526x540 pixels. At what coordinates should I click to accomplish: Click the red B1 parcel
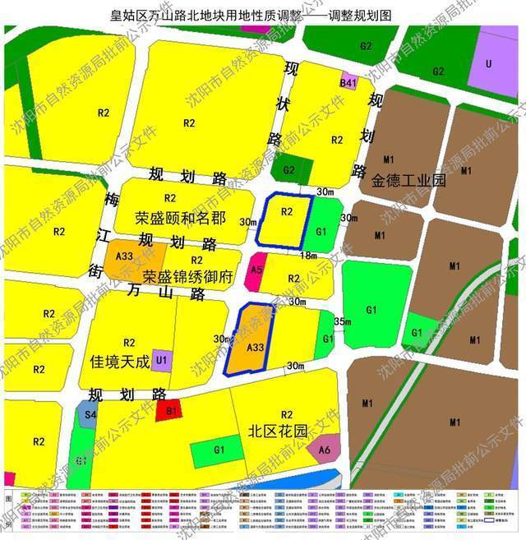(172, 409)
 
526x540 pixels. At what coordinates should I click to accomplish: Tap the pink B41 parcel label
(349, 84)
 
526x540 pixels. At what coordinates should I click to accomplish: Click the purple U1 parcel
(161, 359)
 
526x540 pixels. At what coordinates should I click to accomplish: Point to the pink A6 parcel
(325, 449)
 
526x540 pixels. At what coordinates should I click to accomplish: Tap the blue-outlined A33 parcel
(255, 345)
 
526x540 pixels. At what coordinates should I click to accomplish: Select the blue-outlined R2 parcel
(284, 218)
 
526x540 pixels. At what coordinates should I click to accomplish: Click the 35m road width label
(343, 321)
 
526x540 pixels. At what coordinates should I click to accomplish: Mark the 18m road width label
(307, 256)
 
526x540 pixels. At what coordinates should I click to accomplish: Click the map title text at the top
(263, 14)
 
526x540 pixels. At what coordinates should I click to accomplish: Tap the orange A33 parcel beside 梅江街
(126, 256)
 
